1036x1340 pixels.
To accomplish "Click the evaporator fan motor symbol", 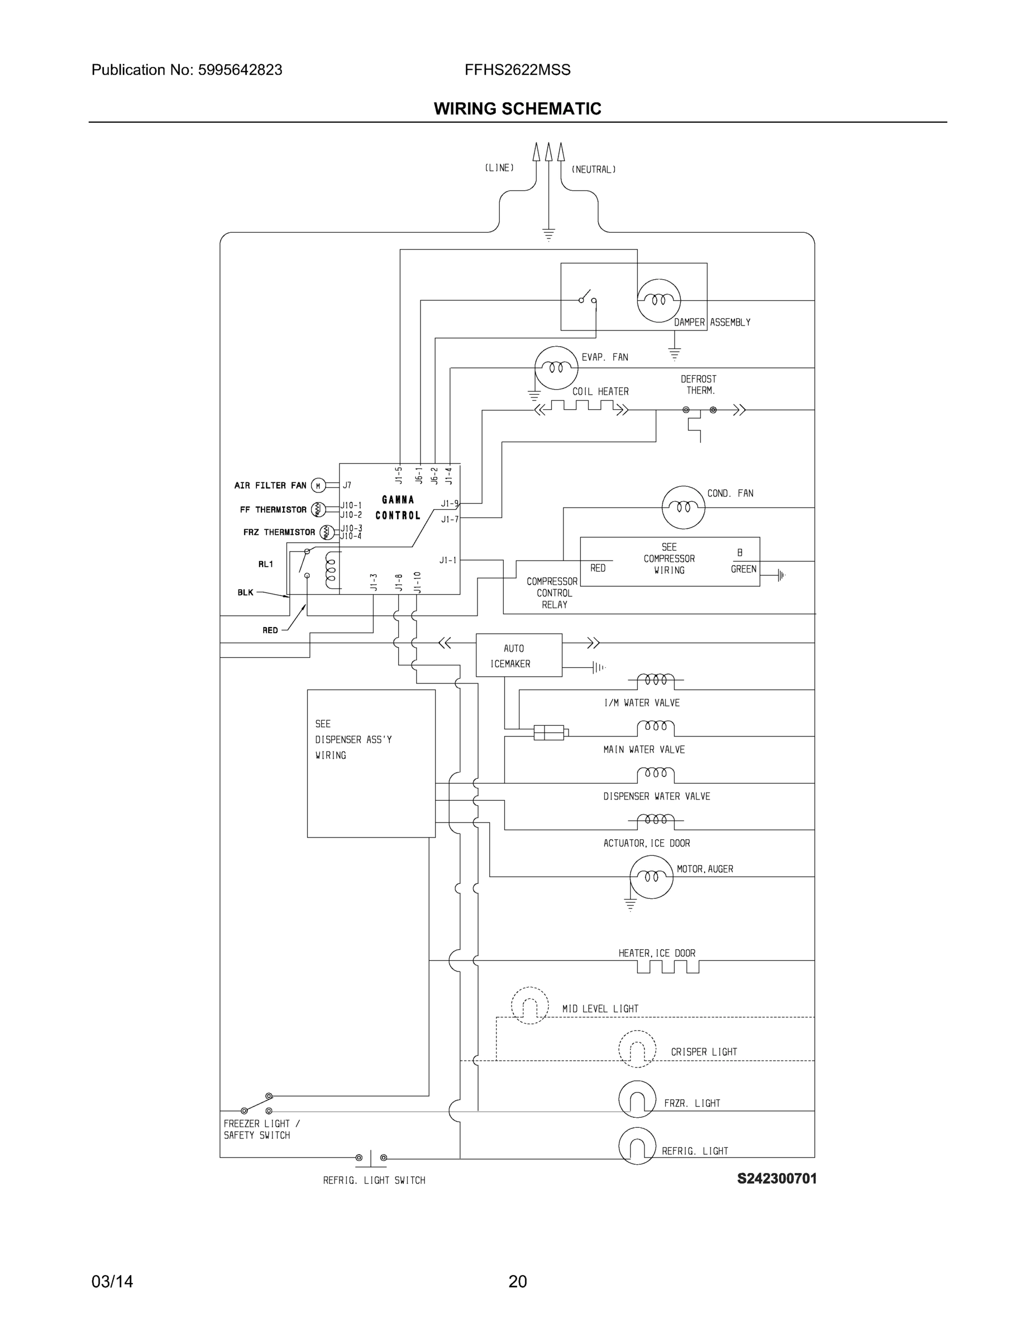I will (x=556, y=367).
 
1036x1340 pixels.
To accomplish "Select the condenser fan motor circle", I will (x=683, y=507).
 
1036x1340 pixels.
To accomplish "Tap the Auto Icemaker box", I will (x=519, y=655).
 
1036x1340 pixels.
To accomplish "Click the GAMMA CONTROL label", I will (x=398, y=508).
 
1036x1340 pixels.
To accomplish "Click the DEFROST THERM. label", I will (x=699, y=385).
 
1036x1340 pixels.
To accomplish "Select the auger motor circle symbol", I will (x=651, y=877).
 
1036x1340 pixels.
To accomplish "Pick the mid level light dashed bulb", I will (x=529, y=1006).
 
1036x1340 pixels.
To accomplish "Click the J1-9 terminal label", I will (x=449, y=504).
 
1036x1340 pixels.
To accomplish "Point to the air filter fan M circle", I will (x=318, y=486).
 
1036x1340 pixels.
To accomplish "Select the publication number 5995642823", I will (x=240, y=70).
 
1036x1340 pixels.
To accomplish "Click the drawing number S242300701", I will (x=776, y=1179).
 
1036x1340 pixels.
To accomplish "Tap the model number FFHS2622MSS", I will (x=517, y=70).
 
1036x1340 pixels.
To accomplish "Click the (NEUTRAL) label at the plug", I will (x=594, y=169).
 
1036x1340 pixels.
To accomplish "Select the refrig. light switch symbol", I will (x=371, y=1159).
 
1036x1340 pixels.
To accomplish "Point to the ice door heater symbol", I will (x=668, y=967).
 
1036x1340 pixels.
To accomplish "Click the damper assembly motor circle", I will (x=658, y=300).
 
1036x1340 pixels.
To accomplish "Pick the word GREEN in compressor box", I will (x=743, y=569).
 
